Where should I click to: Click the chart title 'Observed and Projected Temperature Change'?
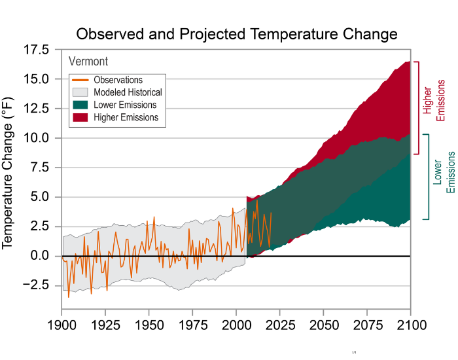click(236, 33)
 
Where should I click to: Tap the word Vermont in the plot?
click(88, 62)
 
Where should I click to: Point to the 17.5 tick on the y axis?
click(35, 50)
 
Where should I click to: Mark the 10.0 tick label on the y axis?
click(35, 138)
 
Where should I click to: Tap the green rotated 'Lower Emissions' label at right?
click(444, 173)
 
